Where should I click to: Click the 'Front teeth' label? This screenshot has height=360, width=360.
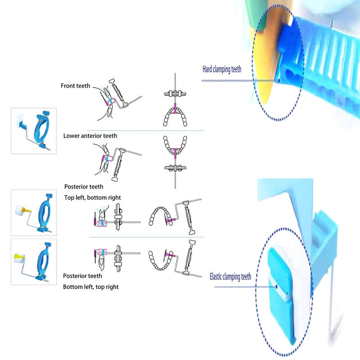(x=75, y=86)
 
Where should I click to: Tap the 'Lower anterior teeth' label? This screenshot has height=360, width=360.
(x=90, y=136)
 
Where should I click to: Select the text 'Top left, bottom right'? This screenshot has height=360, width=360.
(x=92, y=198)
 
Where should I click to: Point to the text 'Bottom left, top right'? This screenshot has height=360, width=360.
(x=91, y=287)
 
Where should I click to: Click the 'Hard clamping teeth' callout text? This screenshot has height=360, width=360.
(x=222, y=69)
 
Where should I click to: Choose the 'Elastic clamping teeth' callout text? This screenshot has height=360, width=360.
(x=230, y=277)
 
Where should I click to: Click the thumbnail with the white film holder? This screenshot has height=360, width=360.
(x=34, y=131)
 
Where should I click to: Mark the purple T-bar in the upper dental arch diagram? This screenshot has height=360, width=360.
(x=175, y=109)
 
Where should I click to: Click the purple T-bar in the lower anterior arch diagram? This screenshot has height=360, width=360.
(x=175, y=153)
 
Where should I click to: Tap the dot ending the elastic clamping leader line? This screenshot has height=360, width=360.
(x=276, y=287)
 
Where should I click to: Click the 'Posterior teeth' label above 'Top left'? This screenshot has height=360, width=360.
(x=84, y=187)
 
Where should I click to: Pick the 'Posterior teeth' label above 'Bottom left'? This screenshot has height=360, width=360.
(x=82, y=276)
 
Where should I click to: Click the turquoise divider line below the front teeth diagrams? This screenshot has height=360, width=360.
(x=145, y=130)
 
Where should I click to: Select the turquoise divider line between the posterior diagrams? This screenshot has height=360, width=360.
(x=147, y=237)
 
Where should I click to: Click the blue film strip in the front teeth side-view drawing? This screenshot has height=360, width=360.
(x=111, y=101)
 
